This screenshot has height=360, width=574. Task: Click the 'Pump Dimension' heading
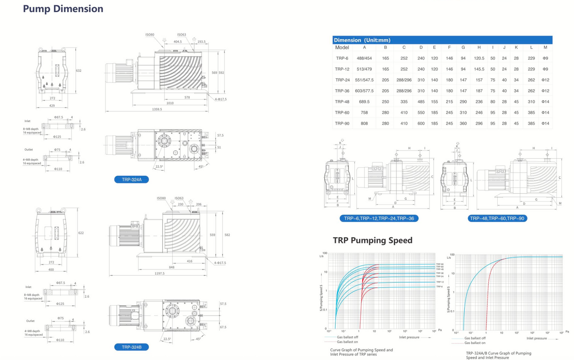(63, 9)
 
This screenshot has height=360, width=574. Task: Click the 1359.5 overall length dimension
(157, 109)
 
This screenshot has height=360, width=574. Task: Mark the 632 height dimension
(79, 71)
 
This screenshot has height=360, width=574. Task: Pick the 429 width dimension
(52, 105)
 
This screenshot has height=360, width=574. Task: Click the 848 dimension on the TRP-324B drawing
(172, 267)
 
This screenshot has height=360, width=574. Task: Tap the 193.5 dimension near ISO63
(201, 42)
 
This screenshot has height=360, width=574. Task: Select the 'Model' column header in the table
(342, 48)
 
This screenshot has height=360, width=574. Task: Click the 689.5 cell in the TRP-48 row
(364, 102)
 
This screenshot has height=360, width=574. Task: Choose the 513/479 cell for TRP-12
(364, 69)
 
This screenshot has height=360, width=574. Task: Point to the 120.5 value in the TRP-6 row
(479, 58)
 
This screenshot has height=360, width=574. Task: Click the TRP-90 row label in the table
(342, 123)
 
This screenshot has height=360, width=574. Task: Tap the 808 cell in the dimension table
(364, 123)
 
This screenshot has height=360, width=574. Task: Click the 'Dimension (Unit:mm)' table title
(362, 40)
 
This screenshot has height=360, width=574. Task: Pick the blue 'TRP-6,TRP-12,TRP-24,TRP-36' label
(379, 218)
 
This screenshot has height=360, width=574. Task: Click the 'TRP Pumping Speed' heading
(372, 240)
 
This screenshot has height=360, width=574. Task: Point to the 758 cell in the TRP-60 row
(364, 113)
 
